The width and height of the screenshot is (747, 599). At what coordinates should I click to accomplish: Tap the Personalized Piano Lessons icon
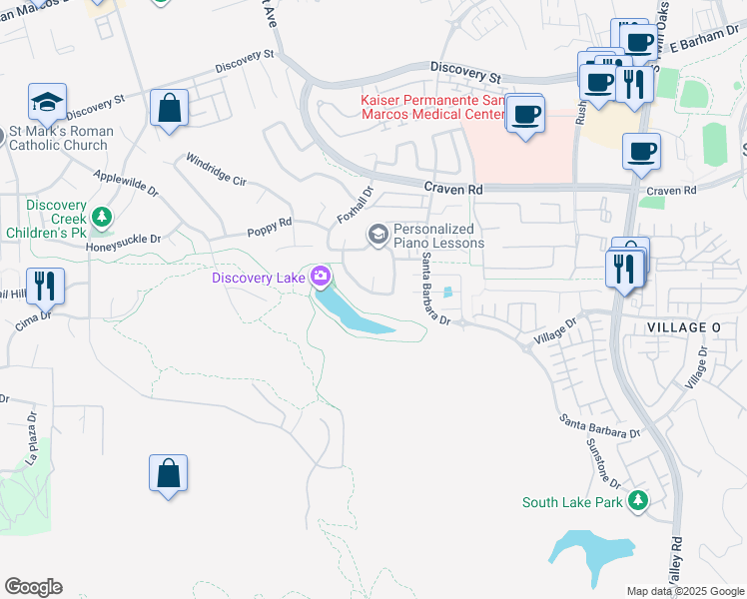click(377, 236)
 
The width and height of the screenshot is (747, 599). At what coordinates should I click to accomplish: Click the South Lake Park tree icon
click(637, 501)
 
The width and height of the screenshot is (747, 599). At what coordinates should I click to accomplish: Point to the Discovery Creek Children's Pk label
click(57, 219)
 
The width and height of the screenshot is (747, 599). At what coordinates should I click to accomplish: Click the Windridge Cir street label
click(216, 170)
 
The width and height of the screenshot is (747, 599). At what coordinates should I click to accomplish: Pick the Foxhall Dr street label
click(355, 204)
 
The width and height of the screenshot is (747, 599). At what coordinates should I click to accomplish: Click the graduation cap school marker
click(47, 101)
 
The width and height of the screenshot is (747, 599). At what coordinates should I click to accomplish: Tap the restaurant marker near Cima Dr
click(45, 286)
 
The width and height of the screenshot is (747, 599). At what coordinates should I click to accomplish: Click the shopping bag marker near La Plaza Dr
click(169, 473)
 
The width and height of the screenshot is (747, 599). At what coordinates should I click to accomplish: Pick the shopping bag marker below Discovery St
click(170, 107)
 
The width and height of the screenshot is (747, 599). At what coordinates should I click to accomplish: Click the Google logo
click(33, 587)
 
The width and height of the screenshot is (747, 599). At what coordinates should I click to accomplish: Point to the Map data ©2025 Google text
click(684, 591)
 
